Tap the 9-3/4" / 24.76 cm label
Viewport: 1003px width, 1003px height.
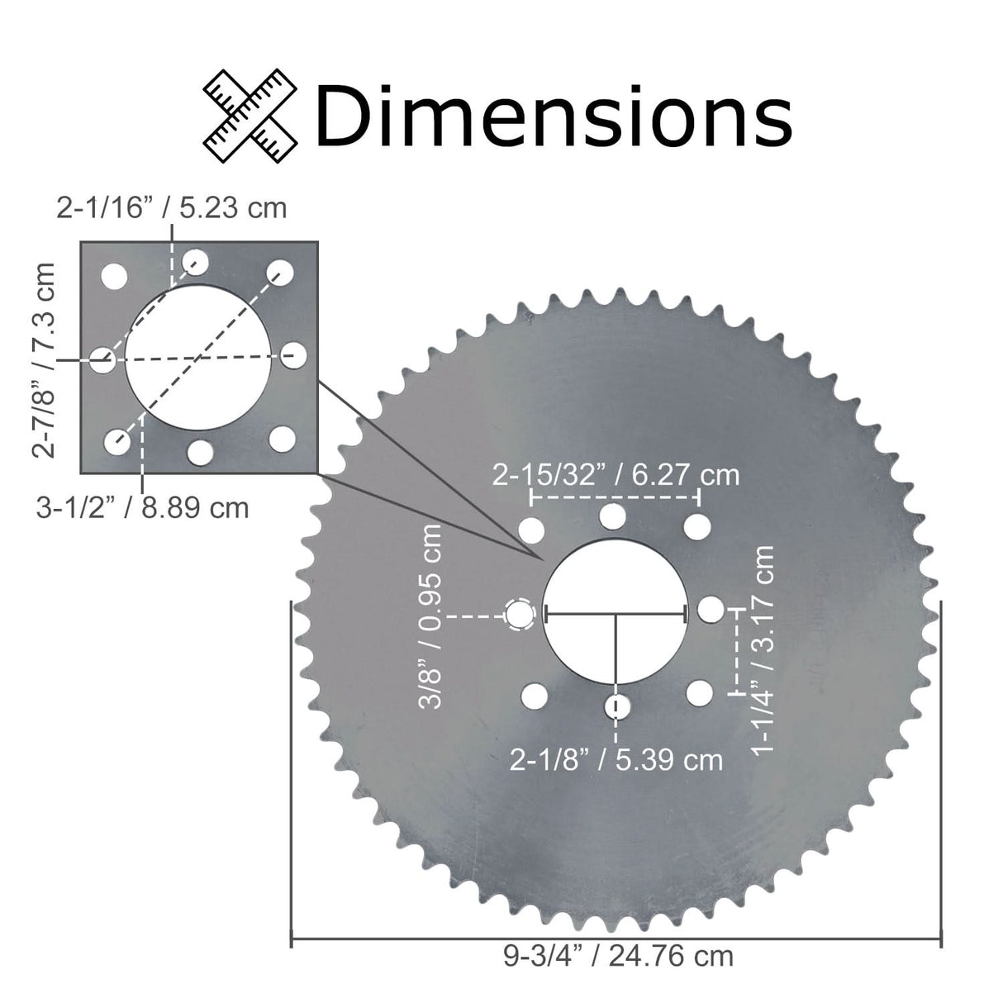point(618,956)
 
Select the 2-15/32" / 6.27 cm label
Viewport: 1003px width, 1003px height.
point(616,475)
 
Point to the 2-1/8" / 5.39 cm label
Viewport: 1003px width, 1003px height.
point(616,759)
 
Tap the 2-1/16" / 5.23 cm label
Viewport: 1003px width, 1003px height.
point(172,207)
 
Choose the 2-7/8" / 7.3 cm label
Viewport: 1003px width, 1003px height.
point(44,359)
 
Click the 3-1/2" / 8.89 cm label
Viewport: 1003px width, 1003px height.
point(142,506)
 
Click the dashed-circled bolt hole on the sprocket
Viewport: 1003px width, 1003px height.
point(520,614)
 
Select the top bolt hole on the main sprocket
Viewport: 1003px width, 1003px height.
point(612,516)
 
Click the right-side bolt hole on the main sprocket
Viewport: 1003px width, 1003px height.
point(711,610)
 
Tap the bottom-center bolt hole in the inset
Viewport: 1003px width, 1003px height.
point(200,451)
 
